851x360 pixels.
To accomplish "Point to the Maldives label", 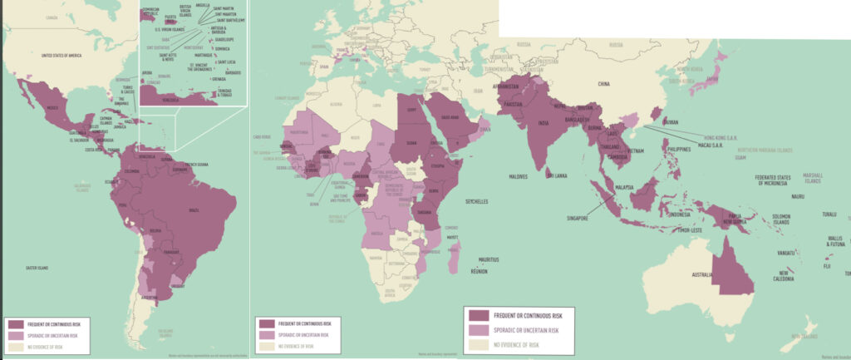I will [x=519, y=176].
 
